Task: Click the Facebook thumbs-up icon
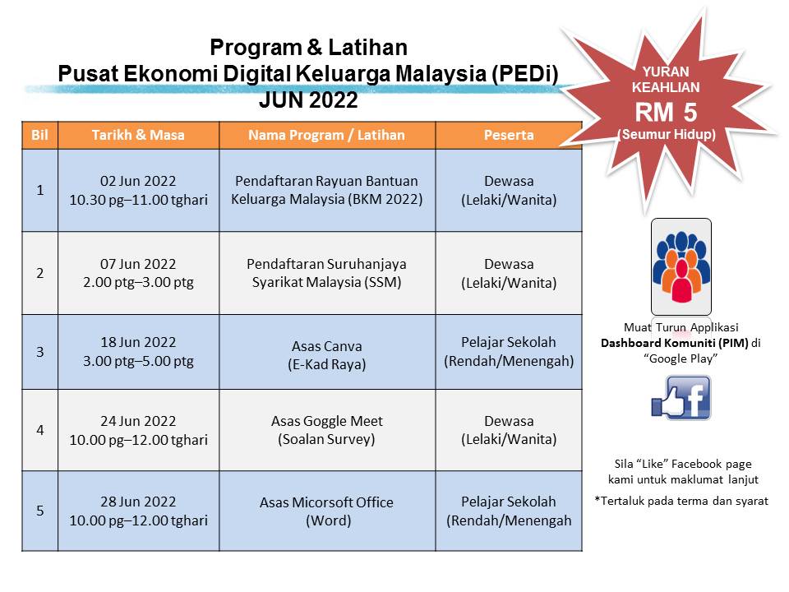click(x=681, y=399)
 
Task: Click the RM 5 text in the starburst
click(x=667, y=112)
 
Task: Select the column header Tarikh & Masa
click(x=138, y=135)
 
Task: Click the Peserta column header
click(x=509, y=135)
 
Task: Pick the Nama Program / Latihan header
click(x=327, y=135)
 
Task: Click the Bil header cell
click(x=39, y=135)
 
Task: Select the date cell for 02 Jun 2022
click(x=138, y=190)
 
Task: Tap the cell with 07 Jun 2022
click(x=138, y=273)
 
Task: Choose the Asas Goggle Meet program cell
click(x=327, y=430)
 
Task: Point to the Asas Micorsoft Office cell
click(x=327, y=511)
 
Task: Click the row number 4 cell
click(x=39, y=430)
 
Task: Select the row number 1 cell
click(x=39, y=190)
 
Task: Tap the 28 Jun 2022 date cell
click(x=138, y=511)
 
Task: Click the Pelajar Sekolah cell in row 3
click(x=509, y=351)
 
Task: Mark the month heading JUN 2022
click(x=308, y=100)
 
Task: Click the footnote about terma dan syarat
click(x=681, y=500)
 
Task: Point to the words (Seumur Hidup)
click(x=667, y=134)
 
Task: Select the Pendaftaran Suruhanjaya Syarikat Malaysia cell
click(x=327, y=273)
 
